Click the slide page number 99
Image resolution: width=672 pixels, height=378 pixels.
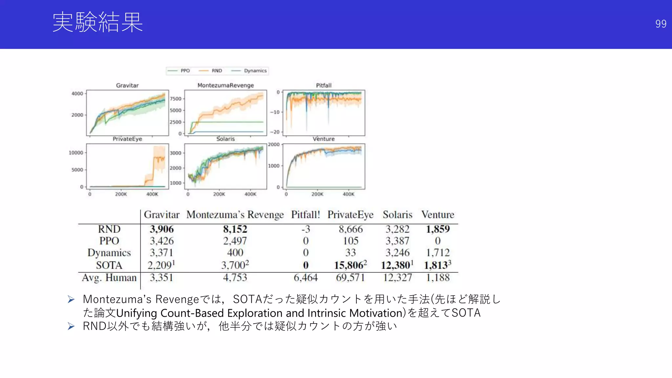[x=661, y=24]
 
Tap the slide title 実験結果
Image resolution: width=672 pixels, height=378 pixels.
[x=98, y=22]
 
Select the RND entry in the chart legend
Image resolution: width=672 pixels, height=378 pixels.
[x=217, y=71]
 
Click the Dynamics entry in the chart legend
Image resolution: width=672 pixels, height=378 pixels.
[x=255, y=71]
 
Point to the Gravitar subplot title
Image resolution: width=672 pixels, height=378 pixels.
[x=127, y=85]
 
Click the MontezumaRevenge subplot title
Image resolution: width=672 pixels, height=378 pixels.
[x=225, y=85]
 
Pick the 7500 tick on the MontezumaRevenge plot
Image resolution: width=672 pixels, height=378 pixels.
[x=176, y=99]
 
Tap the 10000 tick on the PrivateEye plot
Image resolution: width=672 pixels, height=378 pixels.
[x=76, y=153]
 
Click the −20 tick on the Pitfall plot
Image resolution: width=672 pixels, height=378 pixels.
[x=275, y=132]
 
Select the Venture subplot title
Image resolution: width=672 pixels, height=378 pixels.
[x=324, y=139]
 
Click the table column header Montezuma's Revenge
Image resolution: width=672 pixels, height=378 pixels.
[x=235, y=215]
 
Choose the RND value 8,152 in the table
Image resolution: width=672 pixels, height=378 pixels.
[x=235, y=229]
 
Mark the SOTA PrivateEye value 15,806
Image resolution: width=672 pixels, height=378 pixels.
[x=350, y=265]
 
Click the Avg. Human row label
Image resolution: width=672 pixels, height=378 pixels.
[x=109, y=278]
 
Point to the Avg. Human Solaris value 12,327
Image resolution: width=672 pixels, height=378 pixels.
[x=397, y=278]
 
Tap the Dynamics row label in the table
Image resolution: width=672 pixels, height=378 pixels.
[x=109, y=253]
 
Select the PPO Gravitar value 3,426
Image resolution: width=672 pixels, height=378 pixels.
[x=162, y=241]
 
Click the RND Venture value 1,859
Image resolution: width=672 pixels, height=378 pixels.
[x=438, y=229]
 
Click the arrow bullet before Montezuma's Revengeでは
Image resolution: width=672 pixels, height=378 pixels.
[x=71, y=299]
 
